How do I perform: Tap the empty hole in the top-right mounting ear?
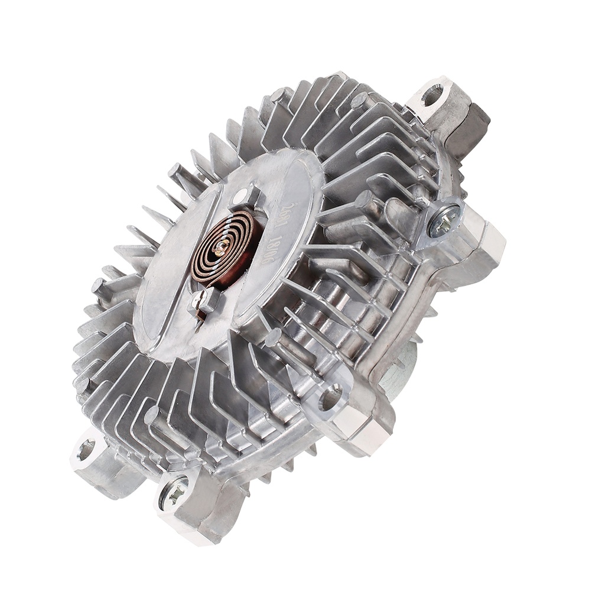click(x=434, y=93)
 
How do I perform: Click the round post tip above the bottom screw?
click(x=152, y=414)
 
